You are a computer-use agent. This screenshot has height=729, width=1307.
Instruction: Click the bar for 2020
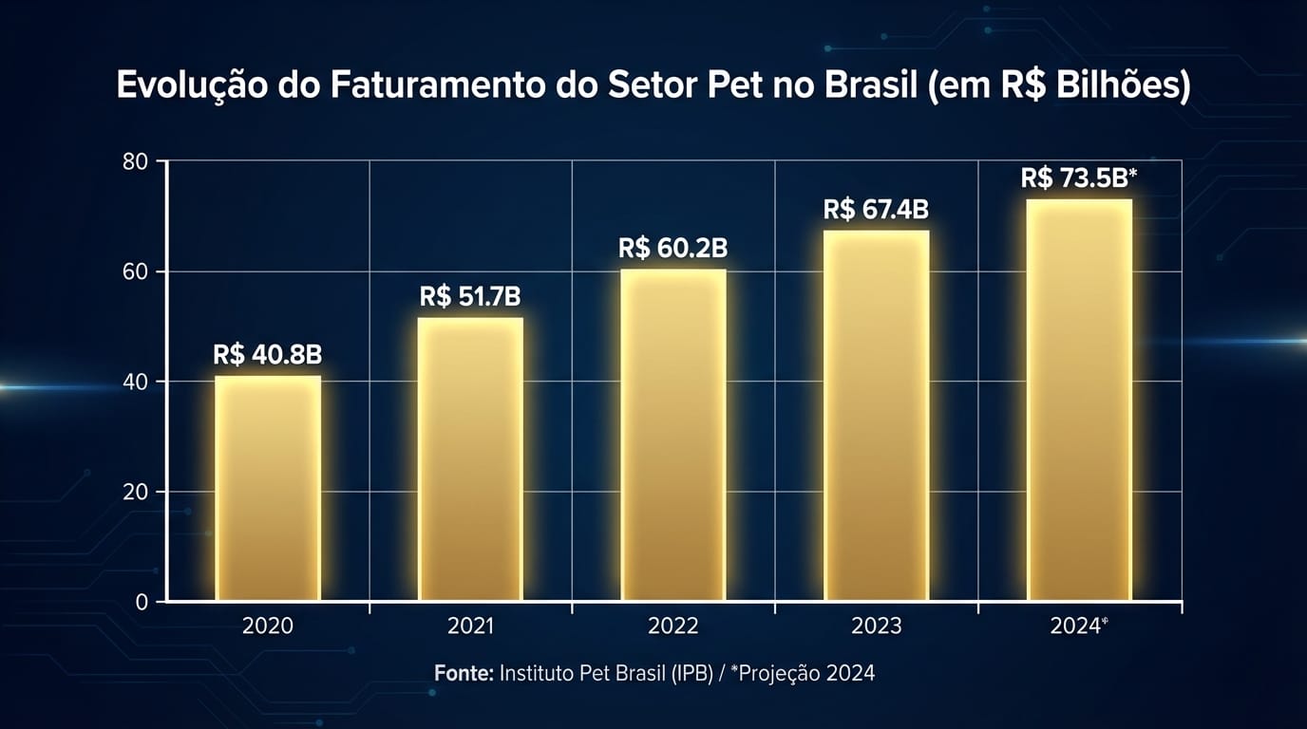[268, 489]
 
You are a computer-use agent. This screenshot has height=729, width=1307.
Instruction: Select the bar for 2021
[470, 459]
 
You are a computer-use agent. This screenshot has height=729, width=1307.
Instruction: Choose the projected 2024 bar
[1079, 400]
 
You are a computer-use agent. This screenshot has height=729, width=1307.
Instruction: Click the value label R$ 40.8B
[268, 355]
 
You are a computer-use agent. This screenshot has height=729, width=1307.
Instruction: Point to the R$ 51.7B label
[470, 297]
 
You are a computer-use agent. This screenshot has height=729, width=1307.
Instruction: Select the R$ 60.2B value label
[673, 249]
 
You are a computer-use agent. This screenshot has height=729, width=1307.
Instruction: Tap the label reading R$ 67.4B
[876, 210]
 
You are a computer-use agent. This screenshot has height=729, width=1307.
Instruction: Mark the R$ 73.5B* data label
[1079, 178]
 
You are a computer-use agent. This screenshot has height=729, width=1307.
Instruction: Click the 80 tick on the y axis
[136, 161]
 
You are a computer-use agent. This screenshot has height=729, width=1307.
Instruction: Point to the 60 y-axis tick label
[136, 272]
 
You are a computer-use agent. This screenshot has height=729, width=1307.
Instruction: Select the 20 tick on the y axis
[136, 493]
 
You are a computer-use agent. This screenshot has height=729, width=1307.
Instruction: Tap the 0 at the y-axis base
[142, 603]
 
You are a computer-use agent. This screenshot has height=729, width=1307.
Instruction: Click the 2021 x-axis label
[470, 626]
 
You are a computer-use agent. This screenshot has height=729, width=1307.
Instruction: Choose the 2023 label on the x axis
[876, 626]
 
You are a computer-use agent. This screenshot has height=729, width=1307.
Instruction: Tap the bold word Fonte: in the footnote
[464, 674]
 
